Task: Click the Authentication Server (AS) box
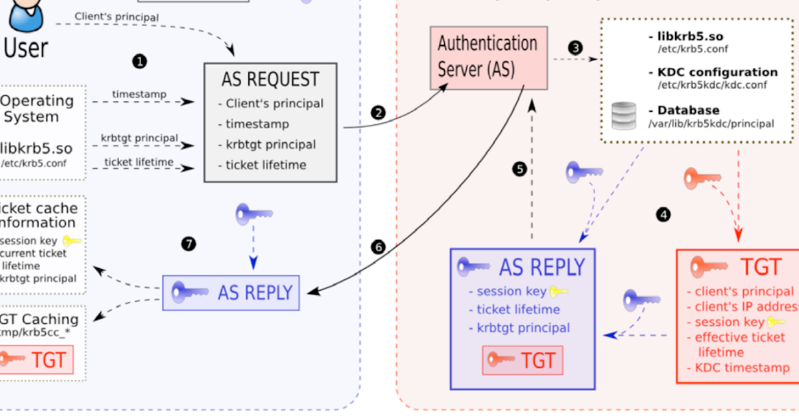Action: coord(489,58)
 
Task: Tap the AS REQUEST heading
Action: coord(270,80)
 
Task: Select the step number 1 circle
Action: coord(139,62)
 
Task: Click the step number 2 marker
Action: coord(379,112)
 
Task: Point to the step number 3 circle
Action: coord(575,48)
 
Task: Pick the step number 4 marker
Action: coord(663,214)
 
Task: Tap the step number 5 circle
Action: coord(520,169)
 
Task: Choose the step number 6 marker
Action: coord(379,247)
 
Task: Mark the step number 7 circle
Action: coord(188,244)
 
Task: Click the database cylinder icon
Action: coord(625,116)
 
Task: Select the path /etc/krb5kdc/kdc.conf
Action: coord(712,85)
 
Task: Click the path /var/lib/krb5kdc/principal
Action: coord(710,123)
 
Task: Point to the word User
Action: coord(26,48)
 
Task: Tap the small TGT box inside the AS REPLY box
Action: coord(523,360)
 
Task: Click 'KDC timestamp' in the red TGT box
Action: coord(742,368)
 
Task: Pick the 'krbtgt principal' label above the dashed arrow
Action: coord(139,138)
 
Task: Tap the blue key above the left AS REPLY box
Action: coord(254,214)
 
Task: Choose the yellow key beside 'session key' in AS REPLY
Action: coord(559,291)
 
